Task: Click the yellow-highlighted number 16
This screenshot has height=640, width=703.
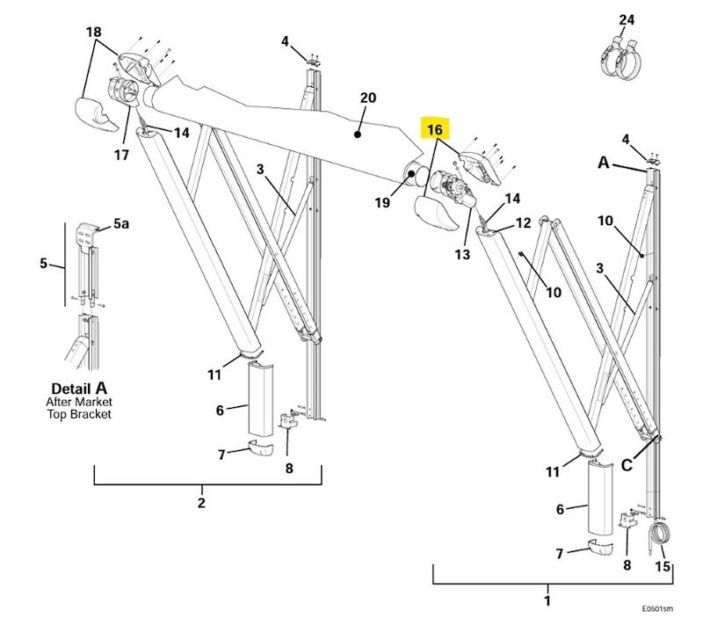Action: click(x=436, y=130)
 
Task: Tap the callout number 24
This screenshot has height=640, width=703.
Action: click(x=626, y=19)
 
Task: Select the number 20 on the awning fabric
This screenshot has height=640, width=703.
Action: click(x=367, y=98)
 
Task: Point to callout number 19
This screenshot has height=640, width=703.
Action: click(x=381, y=203)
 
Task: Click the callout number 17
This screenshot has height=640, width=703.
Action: click(x=121, y=156)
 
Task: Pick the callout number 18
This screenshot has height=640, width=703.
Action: click(x=93, y=33)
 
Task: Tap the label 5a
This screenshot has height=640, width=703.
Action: click(x=119, y=225)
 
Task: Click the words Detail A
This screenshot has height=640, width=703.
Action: click(x=80, y=388)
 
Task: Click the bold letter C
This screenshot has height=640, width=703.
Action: click(x=627, y=466)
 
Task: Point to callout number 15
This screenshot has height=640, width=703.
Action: click(x=663, y=567)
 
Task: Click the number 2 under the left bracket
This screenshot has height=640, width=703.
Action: click(x=201, y=503)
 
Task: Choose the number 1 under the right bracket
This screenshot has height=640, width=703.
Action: click(x=547, y=602)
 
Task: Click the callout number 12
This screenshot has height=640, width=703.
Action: click(x=523, y=223)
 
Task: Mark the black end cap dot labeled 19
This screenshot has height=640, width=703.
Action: click(x=411, y=174)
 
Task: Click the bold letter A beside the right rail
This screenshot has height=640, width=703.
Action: click(x=604, y=163)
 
